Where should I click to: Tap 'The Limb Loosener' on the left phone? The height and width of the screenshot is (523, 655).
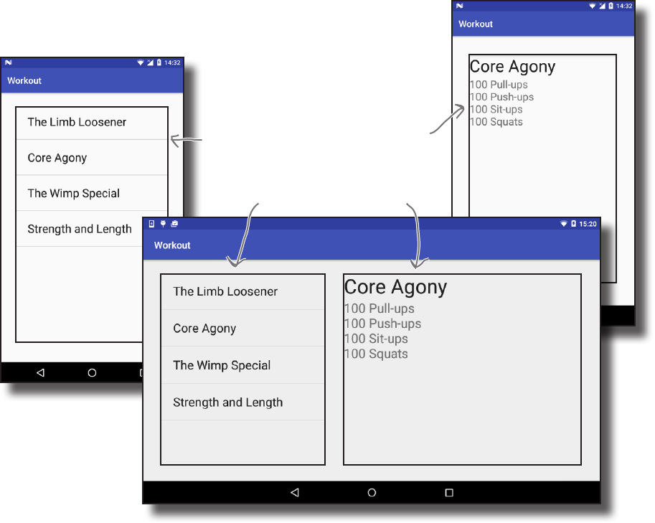click(77, 122)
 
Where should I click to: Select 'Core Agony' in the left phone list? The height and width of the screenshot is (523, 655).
click(57, 158)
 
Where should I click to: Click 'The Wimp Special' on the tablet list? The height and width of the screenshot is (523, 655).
click(222, 365)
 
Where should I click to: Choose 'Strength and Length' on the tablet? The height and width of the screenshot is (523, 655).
click(228, 402)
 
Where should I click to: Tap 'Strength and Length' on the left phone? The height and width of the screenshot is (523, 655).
click(80, 230)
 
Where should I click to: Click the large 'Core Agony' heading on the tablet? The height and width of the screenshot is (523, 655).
click(395, 288)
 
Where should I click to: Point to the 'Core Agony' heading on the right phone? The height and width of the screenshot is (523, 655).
click(512, 67)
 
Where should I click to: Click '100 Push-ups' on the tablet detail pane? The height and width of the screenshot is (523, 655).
click(382, 324)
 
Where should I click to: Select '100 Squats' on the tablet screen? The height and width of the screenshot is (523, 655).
click(376, 354)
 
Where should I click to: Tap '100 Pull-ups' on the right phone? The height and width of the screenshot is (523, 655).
click(499, 85)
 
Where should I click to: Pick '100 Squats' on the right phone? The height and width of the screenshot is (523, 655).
click(496, 122)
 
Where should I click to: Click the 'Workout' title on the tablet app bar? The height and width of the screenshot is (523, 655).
click(172, 245)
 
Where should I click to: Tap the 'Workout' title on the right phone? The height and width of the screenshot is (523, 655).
click(476, 24)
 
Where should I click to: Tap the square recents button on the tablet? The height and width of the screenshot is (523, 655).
click(449, 493)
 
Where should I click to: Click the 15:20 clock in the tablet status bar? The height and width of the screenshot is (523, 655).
click(588, 224)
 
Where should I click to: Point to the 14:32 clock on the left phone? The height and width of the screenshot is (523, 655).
click(172, 63)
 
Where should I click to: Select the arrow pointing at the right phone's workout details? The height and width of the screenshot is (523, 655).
click(448, 119)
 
